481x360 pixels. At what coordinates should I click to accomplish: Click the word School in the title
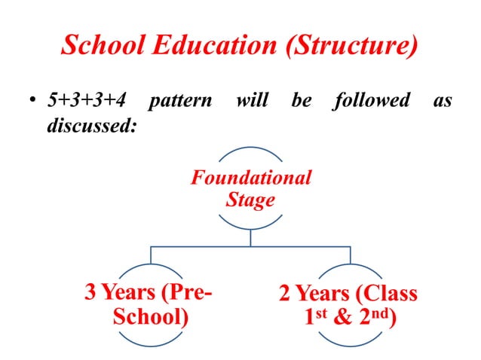point(99,46)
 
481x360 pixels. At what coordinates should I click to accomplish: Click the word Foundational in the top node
point(251,178)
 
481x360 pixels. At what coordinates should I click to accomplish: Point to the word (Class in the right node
point(384,293)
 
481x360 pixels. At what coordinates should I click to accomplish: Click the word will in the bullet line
point(252,100)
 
